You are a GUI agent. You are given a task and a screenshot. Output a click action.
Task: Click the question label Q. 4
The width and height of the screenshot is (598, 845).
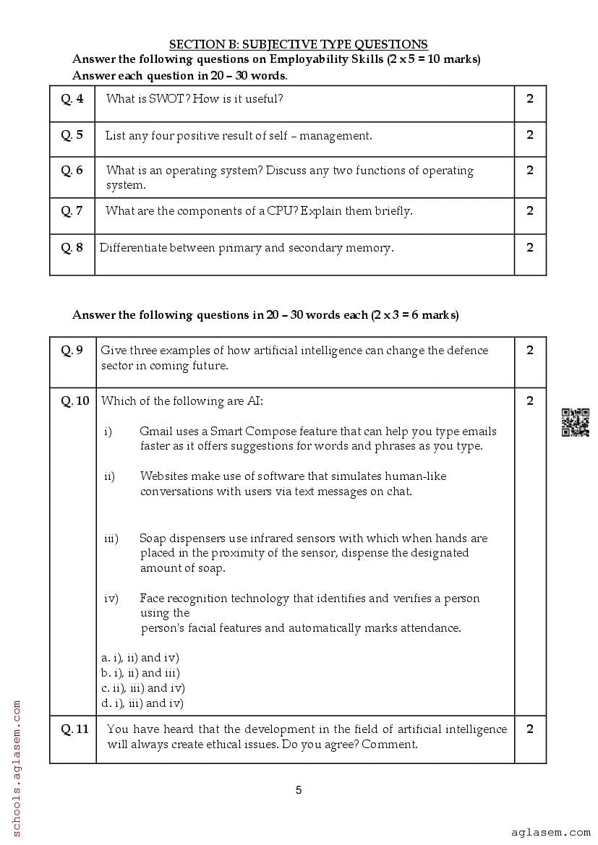pos(72,98)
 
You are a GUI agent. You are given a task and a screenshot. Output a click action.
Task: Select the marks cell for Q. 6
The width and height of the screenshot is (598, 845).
pos(530,171)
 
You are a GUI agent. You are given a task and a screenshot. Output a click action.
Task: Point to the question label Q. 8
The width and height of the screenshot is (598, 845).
pos(72,247)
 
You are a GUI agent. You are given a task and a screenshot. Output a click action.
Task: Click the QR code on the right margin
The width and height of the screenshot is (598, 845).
pos(576,423)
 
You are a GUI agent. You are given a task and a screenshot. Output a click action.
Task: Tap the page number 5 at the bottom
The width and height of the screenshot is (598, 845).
pos(299,790)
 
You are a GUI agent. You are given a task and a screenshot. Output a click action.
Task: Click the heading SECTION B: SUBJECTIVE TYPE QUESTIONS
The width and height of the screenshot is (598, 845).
pos(298,45)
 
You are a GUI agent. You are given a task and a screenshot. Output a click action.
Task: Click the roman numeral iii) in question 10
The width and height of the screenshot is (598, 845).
pos(111,539)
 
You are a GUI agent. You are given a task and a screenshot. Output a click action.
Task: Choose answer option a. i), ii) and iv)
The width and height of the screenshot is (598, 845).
pos(140,658)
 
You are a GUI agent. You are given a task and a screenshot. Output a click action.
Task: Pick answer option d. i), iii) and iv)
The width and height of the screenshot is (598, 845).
pos(142,703)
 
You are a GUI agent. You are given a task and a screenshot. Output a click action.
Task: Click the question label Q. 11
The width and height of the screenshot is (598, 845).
pos(74,729)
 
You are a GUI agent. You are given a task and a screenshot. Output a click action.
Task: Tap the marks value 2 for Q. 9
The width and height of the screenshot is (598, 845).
pos(530,351)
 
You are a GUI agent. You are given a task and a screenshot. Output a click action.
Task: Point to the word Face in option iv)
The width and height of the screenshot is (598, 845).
pos(153,599)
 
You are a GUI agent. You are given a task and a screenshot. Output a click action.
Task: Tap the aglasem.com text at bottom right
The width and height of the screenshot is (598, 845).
pos(550,832)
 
